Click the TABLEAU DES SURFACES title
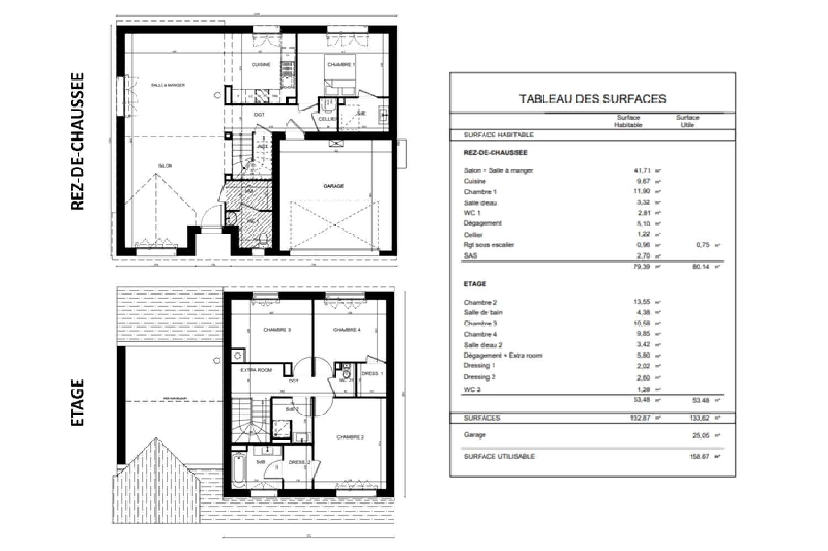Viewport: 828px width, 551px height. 592,99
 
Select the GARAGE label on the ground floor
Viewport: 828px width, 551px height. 333,186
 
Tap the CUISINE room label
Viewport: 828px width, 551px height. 261,65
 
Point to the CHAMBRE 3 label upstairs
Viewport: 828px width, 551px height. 277,330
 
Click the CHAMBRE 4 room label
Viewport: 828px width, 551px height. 347,330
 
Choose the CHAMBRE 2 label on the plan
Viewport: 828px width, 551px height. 351,437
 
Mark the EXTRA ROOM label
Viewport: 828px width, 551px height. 256,370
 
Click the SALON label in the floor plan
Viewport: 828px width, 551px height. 164,166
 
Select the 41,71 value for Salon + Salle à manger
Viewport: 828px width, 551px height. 642,170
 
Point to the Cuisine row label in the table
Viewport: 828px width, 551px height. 475,181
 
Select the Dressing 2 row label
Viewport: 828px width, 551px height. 479,377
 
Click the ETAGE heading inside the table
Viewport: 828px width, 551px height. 475,284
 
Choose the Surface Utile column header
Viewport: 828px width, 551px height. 687,121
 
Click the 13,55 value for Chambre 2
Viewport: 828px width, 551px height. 642,302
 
